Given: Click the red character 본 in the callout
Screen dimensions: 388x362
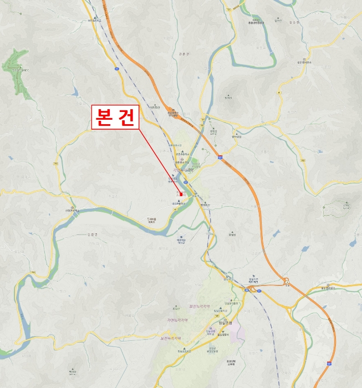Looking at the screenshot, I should tap(103, 118).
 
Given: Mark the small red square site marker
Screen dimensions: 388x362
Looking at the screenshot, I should tap(181, 195).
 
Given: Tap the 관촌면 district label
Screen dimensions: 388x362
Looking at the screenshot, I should tap(185, 54).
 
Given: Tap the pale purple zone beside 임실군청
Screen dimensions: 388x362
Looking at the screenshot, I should tap(237, 331).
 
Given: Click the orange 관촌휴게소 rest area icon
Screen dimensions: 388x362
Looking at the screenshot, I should tap(173, 110).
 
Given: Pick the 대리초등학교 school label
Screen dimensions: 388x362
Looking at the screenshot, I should tap(179, 205).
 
